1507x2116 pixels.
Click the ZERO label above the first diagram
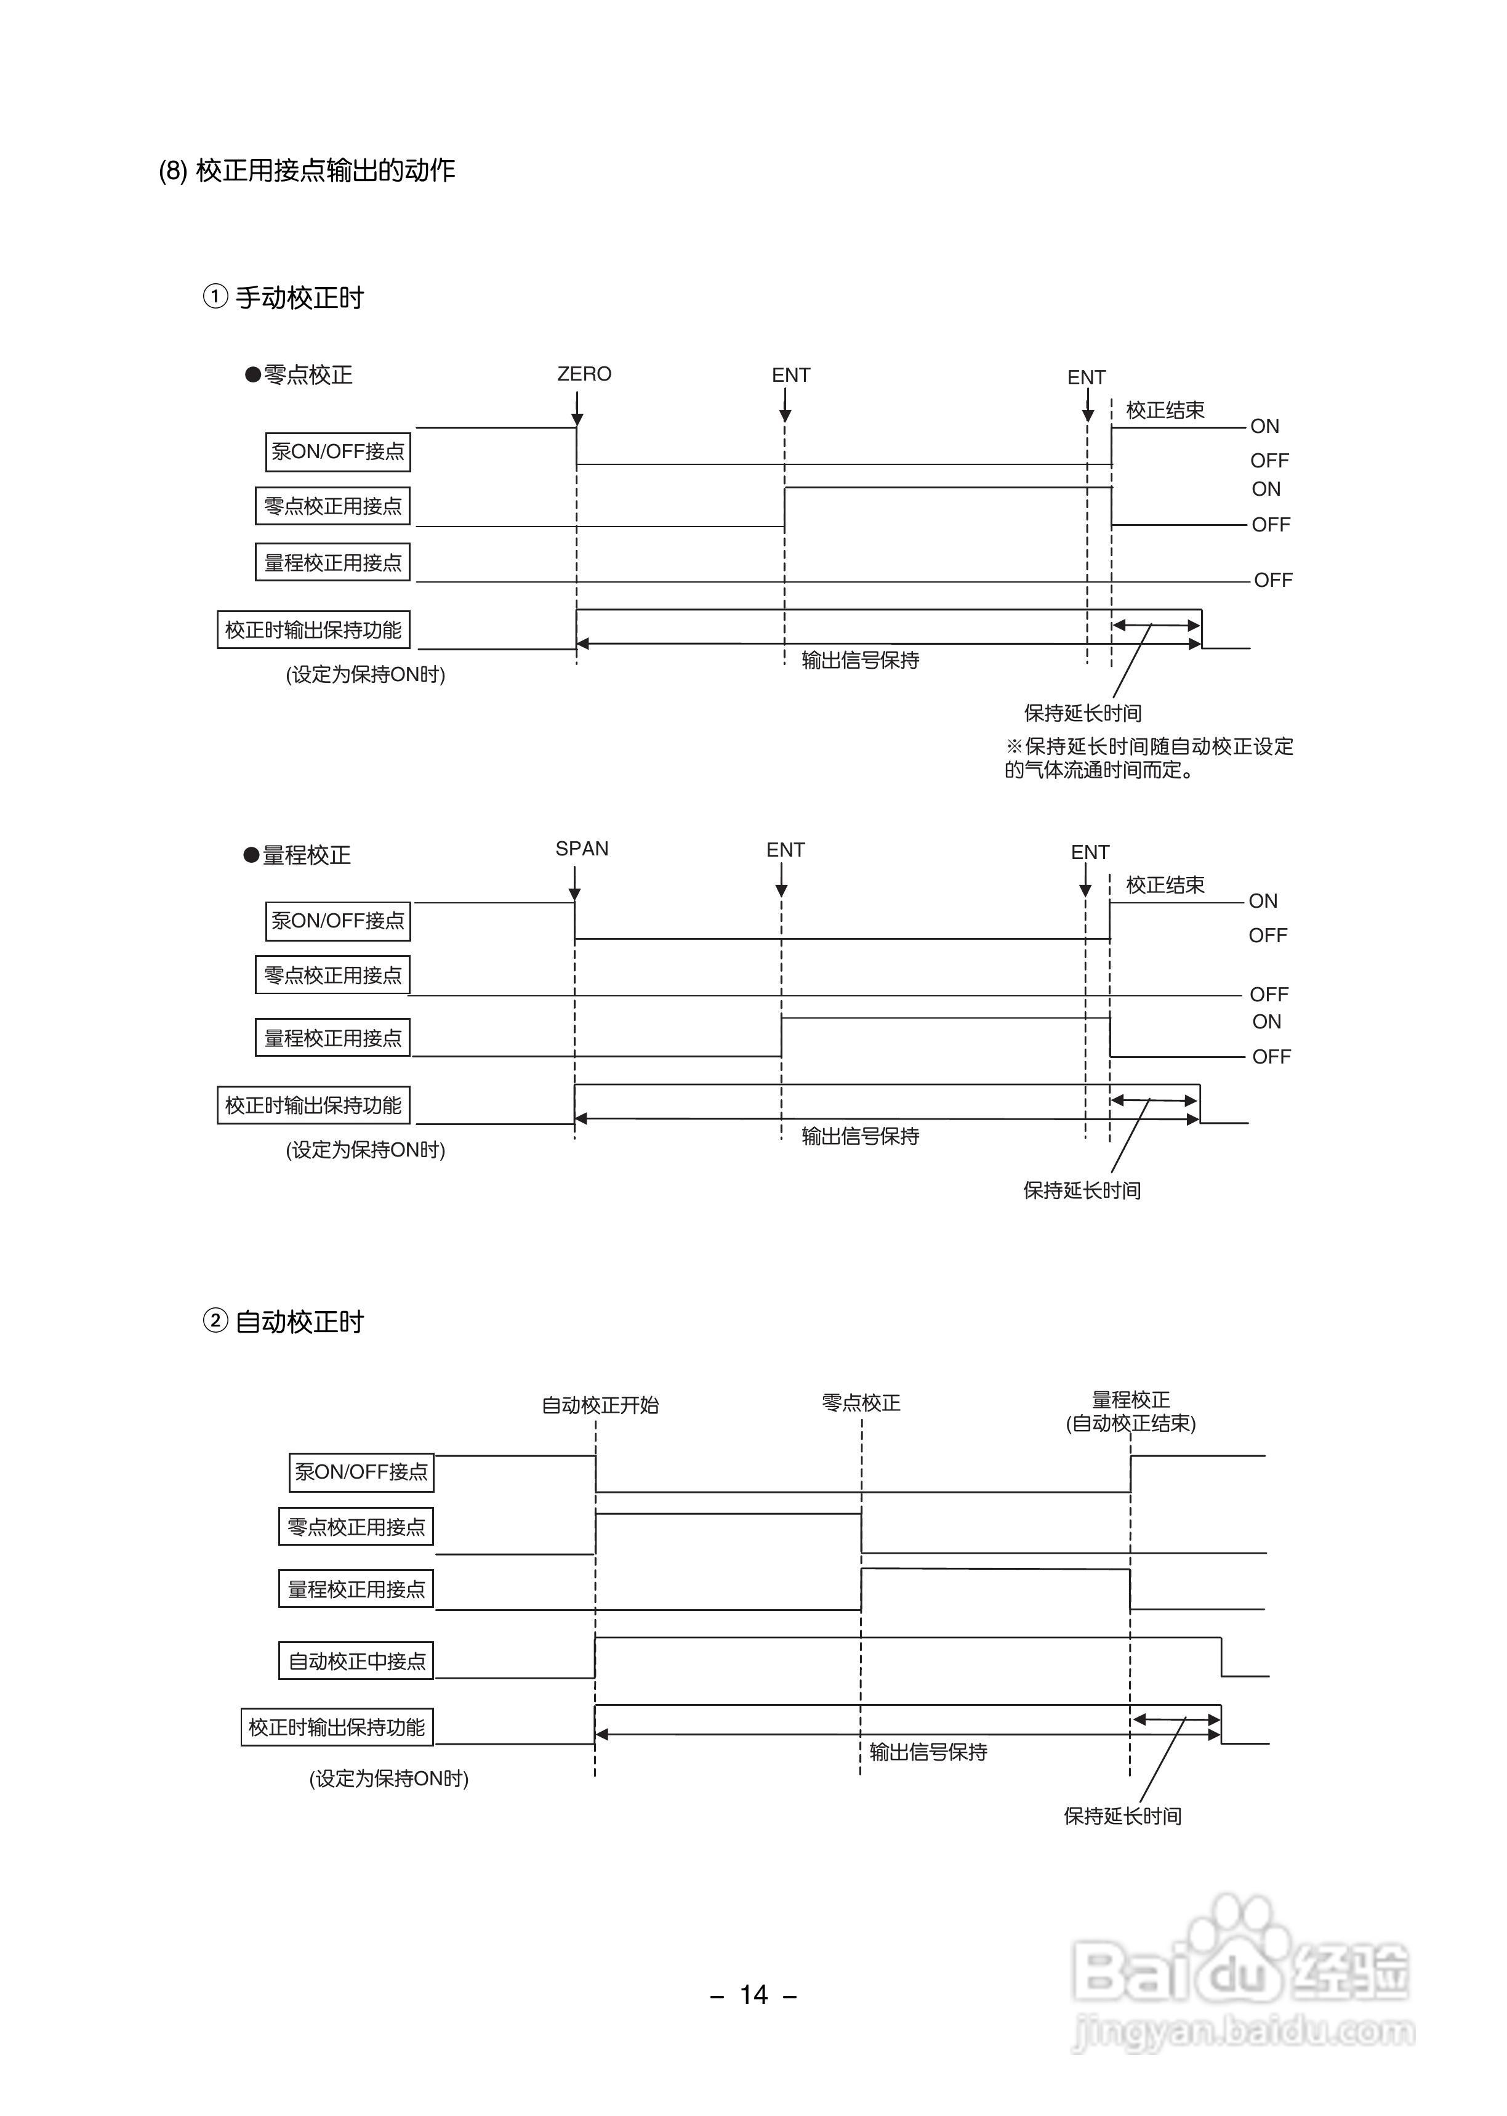click(584, 374)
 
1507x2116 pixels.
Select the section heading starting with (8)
click(306, 171)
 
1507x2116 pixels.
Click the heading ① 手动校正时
click(284, 298)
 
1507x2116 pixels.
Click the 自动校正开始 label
click(600, 1405)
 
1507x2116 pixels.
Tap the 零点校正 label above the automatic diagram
click(861, 1402)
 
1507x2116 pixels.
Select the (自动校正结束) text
click(1130, 1424)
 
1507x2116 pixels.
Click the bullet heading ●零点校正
click(298, 375)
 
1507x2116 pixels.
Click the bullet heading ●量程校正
click(297, 855)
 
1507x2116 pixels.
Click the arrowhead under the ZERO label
click(577, 419)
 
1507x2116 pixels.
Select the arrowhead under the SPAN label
click(574, 894)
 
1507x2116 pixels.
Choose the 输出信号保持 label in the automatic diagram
click(928, 1752)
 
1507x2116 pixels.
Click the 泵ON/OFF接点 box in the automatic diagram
click(361, 1472)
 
